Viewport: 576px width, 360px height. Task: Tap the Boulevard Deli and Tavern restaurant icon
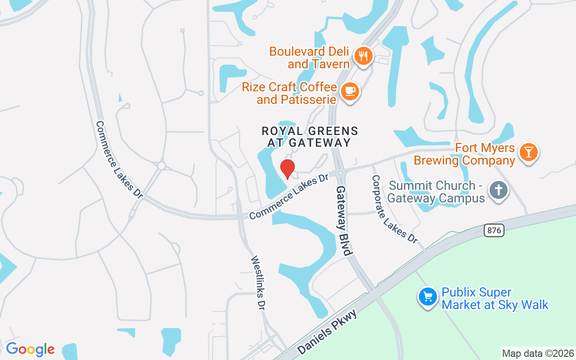(362, 56)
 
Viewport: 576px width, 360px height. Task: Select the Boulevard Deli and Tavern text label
(309, 58)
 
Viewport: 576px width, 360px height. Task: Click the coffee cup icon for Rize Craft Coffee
(350, 91)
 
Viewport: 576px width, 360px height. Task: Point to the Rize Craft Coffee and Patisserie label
(289, 93)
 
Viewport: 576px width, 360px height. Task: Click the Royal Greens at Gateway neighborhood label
(310, 137)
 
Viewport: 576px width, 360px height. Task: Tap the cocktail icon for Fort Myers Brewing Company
(528, 152)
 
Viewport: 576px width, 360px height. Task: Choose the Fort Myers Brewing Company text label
(464, 154)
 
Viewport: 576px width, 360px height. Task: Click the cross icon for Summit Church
(498, 190)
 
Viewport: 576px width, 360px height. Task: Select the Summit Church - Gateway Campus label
(436, 192)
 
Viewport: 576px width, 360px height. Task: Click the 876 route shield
(494, 230)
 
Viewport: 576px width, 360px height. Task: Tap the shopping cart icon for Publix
(428, 297)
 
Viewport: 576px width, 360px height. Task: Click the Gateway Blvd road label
(343, 220)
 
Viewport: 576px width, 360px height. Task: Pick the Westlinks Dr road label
(258, 283)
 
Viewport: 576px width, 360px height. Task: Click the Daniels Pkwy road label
(327, 332)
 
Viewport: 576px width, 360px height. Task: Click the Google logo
(30, 349)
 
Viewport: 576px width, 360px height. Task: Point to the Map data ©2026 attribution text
(538, 353)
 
